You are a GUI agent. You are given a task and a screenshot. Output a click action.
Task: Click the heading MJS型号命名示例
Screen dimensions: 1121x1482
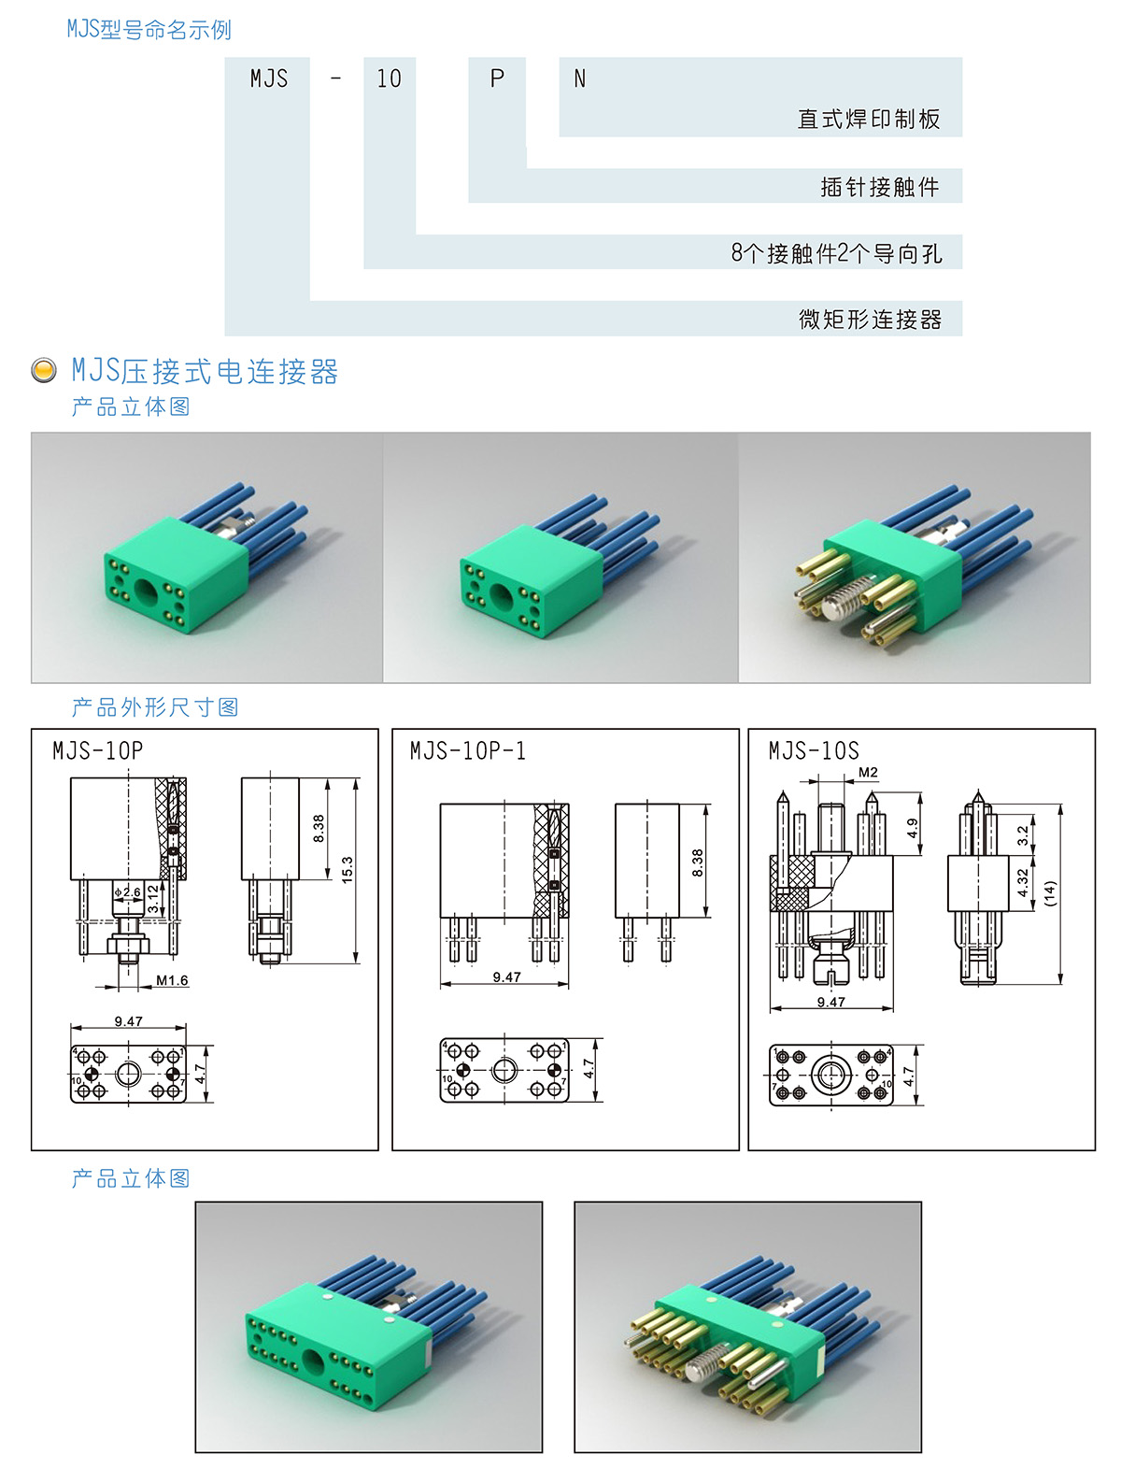149,29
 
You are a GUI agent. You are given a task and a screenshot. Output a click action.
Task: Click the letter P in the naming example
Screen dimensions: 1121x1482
497,78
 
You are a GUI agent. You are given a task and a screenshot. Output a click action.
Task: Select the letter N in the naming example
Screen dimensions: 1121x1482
579,79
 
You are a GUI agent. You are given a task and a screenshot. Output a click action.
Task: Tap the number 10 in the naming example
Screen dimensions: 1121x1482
389,78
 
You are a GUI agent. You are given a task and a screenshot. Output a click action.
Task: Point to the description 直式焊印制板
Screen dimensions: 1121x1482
869,119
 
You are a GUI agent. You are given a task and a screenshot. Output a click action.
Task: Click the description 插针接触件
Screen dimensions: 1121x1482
879,186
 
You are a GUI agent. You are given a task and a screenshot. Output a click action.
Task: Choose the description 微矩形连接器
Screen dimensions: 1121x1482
870,319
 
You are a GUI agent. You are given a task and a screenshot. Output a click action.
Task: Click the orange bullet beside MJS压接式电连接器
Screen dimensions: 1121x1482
44,370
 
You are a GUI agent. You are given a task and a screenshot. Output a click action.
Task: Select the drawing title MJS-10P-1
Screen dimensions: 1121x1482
467,750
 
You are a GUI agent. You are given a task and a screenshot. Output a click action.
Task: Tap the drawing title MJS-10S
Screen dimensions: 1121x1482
814,750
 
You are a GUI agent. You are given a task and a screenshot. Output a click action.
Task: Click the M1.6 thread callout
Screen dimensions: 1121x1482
172,979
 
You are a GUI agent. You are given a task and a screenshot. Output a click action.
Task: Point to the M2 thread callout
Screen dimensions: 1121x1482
868,772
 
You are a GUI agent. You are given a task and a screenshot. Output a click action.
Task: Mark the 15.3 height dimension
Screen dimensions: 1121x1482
347,870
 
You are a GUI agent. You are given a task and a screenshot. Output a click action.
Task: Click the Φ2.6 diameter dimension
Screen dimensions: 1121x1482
128,891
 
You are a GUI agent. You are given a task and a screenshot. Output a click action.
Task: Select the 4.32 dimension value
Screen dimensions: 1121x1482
1023,882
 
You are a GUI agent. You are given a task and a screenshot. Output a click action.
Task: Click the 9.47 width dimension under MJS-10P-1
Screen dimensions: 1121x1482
506,976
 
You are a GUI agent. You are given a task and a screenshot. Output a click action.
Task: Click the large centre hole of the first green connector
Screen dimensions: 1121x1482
147,591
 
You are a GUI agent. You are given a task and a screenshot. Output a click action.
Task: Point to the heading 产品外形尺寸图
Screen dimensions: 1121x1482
154,707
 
